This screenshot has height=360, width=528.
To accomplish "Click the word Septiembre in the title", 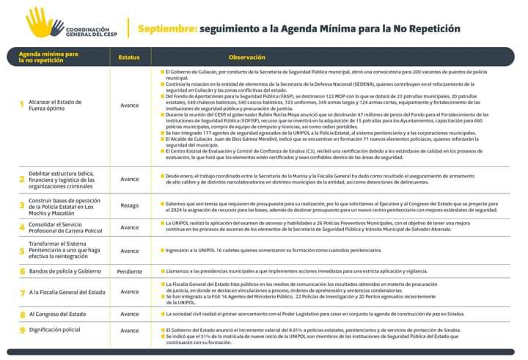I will (x=166, y=29).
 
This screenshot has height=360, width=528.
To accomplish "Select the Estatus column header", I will (x=129, y=56).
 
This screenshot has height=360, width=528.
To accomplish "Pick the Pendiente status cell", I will (x=129, y=271).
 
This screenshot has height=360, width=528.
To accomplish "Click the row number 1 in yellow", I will (x=22, y=104).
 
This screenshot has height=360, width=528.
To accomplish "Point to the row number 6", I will (x=22, y=271).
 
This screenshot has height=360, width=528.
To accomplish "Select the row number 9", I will (x=22, y=331).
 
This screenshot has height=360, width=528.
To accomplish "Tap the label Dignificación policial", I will (x=55, y=330).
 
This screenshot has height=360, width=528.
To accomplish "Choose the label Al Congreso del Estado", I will (x=59, y=314).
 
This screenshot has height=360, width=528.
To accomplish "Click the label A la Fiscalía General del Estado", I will (x=67, y=292).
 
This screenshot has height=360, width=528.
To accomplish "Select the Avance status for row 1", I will (x=129, y=104).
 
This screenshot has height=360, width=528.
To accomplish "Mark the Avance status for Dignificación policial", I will (x=129, y=331).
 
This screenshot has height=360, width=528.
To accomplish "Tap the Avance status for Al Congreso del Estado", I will (x=129, y=314).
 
